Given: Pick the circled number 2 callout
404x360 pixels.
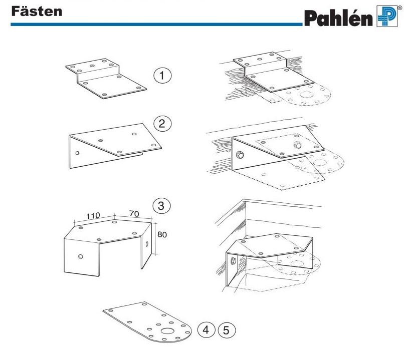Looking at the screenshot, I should point(162,124).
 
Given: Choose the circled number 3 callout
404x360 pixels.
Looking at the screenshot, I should point(161,205).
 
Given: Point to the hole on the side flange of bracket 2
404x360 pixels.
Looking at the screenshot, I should point(77,153).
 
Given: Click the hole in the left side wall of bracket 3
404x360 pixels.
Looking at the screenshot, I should point(81,257).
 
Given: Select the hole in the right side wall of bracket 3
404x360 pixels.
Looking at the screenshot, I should point(146,245).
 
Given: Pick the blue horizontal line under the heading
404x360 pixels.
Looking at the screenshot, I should point(150,24).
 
